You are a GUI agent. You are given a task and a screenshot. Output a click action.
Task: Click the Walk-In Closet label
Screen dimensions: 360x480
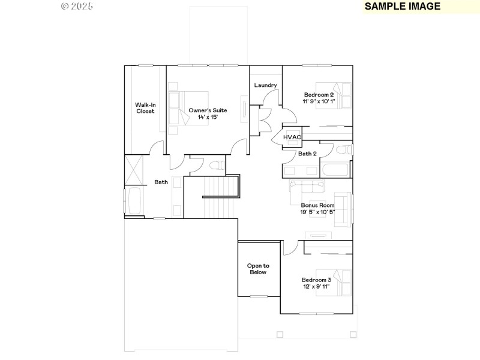coord(145,108)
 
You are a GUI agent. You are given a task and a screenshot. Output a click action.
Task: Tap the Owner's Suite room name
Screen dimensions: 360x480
coord(208,110)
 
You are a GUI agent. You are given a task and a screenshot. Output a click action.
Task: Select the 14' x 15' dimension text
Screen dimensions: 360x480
coord(208,118)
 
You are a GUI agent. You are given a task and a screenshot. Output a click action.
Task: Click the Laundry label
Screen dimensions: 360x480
coord(265,85)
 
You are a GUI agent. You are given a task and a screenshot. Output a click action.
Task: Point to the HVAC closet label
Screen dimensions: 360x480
coord(292,137)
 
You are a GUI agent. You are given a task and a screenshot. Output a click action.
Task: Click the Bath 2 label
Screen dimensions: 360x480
coord(307,154)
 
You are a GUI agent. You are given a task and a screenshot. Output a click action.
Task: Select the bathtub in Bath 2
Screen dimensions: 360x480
coord(335,169)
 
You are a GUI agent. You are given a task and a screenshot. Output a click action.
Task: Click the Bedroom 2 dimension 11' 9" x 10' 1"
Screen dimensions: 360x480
coord(319,101)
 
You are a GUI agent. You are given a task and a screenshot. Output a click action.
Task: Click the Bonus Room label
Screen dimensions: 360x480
coord(317,205)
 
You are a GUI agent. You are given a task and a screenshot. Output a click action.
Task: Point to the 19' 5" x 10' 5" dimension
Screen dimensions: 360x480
coord(317,212)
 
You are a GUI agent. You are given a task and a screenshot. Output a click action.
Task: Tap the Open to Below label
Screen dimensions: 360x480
coord(258,269)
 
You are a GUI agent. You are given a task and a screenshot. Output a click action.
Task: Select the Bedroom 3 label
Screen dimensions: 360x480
coord(316,280)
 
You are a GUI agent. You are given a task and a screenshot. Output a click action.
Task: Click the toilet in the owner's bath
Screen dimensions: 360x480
coord(217,164)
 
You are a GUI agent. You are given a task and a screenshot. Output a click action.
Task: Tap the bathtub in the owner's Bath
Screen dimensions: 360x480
coord(134,200)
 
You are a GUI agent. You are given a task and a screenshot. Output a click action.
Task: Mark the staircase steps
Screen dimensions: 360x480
coord(214,204)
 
